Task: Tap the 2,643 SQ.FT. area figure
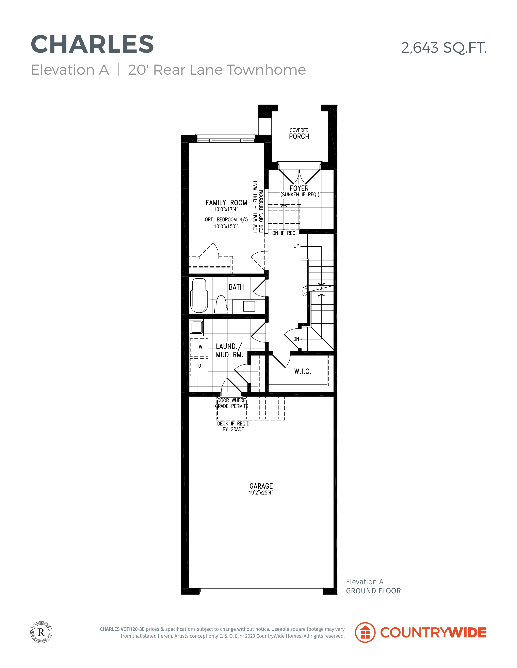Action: (444, 48)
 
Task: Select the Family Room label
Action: (226, 203)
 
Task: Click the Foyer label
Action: (299, 188)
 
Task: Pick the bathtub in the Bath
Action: (199, 295)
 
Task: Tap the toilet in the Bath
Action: (221, 305)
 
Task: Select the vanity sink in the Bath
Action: (249, 306)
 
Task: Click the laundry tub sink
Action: (196, 327)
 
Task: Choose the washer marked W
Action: (199, 347)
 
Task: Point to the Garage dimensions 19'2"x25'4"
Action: (261, 492)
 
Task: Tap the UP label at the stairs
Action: (296, 246)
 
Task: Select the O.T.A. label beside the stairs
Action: (304, 291)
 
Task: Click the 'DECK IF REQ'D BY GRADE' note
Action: (233, 426)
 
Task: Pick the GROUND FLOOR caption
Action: (373, 591)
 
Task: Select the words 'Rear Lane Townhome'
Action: (229, 70)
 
